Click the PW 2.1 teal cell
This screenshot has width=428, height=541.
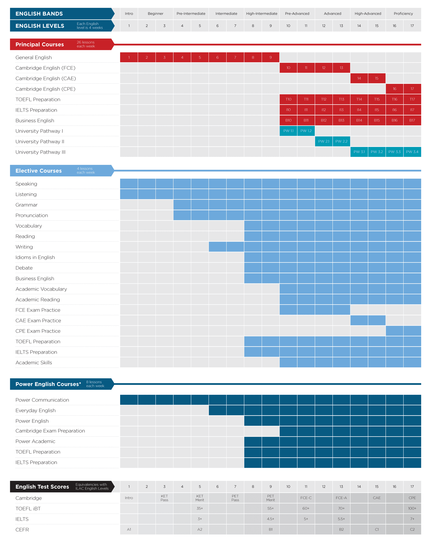click(x=323, y=141)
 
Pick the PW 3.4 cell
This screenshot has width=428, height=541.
click(x=412, y=152)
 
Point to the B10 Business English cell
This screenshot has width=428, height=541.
click(x=288, y=120)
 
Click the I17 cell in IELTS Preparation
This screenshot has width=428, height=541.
click(x=412, y=110)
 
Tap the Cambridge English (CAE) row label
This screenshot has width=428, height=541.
click(x=46, y=79)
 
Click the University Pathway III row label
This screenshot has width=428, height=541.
click(x=40, y=152)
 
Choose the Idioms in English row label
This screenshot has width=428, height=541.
click(x=35, y=257)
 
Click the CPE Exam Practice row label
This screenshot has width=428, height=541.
click(x=38, y=331)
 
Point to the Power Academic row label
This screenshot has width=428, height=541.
click(x=35, y=441)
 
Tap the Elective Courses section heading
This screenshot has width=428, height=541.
click(x=39, y=171)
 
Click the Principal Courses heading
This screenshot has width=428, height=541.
click(x=40, y=44)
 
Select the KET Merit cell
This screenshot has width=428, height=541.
click(x=200, y=498)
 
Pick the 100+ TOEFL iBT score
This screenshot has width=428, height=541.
click(x=412, y=508)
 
